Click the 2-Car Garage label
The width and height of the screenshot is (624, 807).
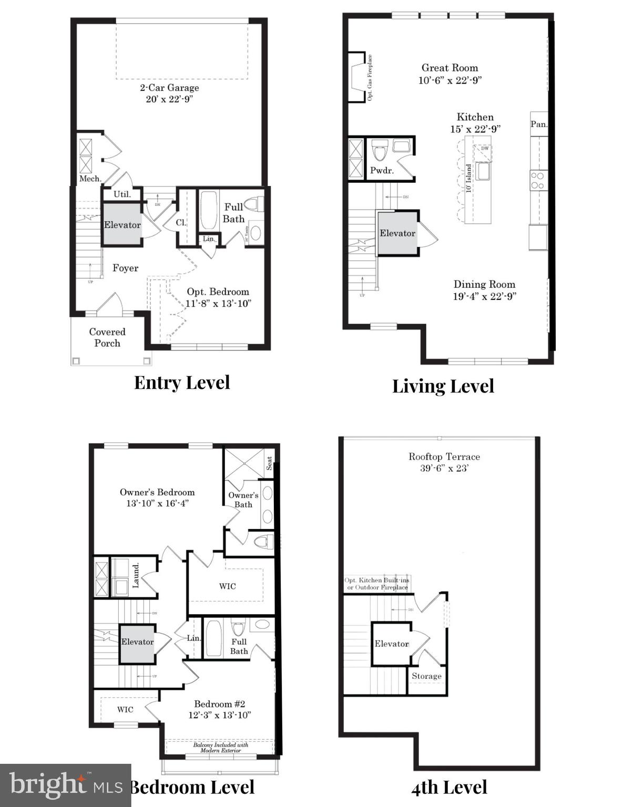tap(169, 88)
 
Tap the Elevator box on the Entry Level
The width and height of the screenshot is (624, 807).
tap(122, 225)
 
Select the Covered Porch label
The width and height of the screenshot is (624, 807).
tap(107, 337)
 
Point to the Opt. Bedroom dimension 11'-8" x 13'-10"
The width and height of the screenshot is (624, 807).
tap(218, 303)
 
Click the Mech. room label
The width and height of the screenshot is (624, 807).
tap(90, 179)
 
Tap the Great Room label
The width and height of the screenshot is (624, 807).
tap(449, 68)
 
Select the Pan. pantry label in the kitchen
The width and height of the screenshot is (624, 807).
tap(539, 125)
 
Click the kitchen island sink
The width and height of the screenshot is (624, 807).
tap(483, 171)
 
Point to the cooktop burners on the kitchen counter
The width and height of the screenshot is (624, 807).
tap(537, 180)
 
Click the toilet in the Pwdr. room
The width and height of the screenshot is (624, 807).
tap(379, 151)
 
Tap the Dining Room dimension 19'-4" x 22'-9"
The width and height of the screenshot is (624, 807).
tap(484, 296)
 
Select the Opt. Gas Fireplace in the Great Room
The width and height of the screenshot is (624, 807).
tap(358, 78)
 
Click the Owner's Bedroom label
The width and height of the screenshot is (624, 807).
tap(157, 492)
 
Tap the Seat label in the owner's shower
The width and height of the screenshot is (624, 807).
tap(269, 463)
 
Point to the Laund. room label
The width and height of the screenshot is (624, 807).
tap(136, 576)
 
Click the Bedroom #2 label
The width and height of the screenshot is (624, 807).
tap(220, 704)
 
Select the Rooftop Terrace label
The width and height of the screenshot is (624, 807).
tap(444, 457)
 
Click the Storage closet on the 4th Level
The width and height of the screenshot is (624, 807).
tap(426, 676)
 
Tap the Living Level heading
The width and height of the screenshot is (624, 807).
tap(443, 386)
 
